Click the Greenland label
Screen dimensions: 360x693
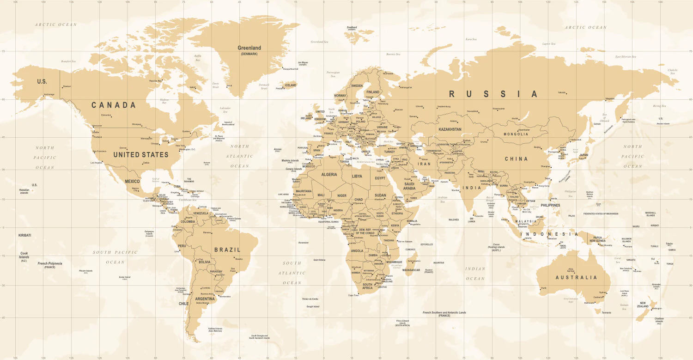(x=249, y=48)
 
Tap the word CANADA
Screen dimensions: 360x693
(x=114, y=105)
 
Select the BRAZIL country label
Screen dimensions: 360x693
(x=227, y=250)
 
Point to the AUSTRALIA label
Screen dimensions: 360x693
(x=576, y=278)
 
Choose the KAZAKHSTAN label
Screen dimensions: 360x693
(x=450, y=129)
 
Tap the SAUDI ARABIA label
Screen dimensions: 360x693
(x=409, y=186)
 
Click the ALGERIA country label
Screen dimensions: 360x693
(x=329, y=175)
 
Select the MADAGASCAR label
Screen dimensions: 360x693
(x=411, y=270)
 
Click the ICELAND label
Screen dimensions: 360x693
(x=291, y=85)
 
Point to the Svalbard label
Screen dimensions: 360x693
(x=352, y=27)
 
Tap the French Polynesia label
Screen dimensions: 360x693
(x=50, y=263)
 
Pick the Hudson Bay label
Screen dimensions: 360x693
(x=164, y=101)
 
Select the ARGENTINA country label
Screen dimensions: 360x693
(x=205, y=299)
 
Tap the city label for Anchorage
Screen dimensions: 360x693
(x=49, y=94)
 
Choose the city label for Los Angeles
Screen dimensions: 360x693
(x=97, y=163)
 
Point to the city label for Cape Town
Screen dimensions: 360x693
(x=353, y=295)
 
